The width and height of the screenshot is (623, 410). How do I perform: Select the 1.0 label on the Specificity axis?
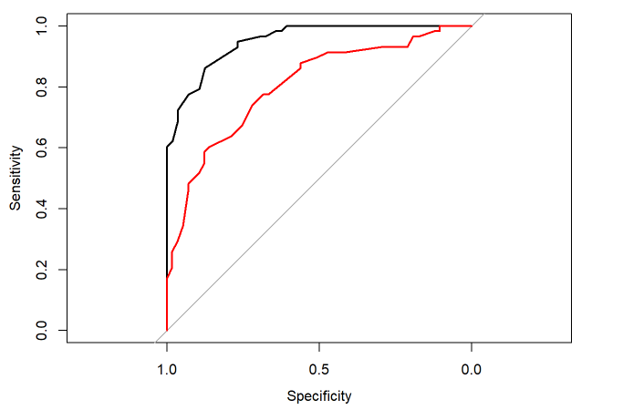[167, 371]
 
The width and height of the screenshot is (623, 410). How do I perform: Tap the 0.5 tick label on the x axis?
[319, 371]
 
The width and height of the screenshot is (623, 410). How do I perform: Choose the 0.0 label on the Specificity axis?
[472, 371]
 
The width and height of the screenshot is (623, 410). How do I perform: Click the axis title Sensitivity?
[16, 178]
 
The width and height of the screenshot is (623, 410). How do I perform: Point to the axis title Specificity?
[319, 396]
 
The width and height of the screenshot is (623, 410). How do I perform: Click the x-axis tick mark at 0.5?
[319, 347]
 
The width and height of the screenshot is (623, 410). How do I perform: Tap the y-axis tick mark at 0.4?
[62, 209]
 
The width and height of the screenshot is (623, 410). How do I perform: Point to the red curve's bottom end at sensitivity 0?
[167, 330]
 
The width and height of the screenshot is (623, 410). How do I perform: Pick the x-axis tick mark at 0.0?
[472, 347]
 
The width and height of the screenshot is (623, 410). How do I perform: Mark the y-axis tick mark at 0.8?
[62, 87]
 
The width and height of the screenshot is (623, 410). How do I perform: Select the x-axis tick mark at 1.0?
[167, 347]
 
